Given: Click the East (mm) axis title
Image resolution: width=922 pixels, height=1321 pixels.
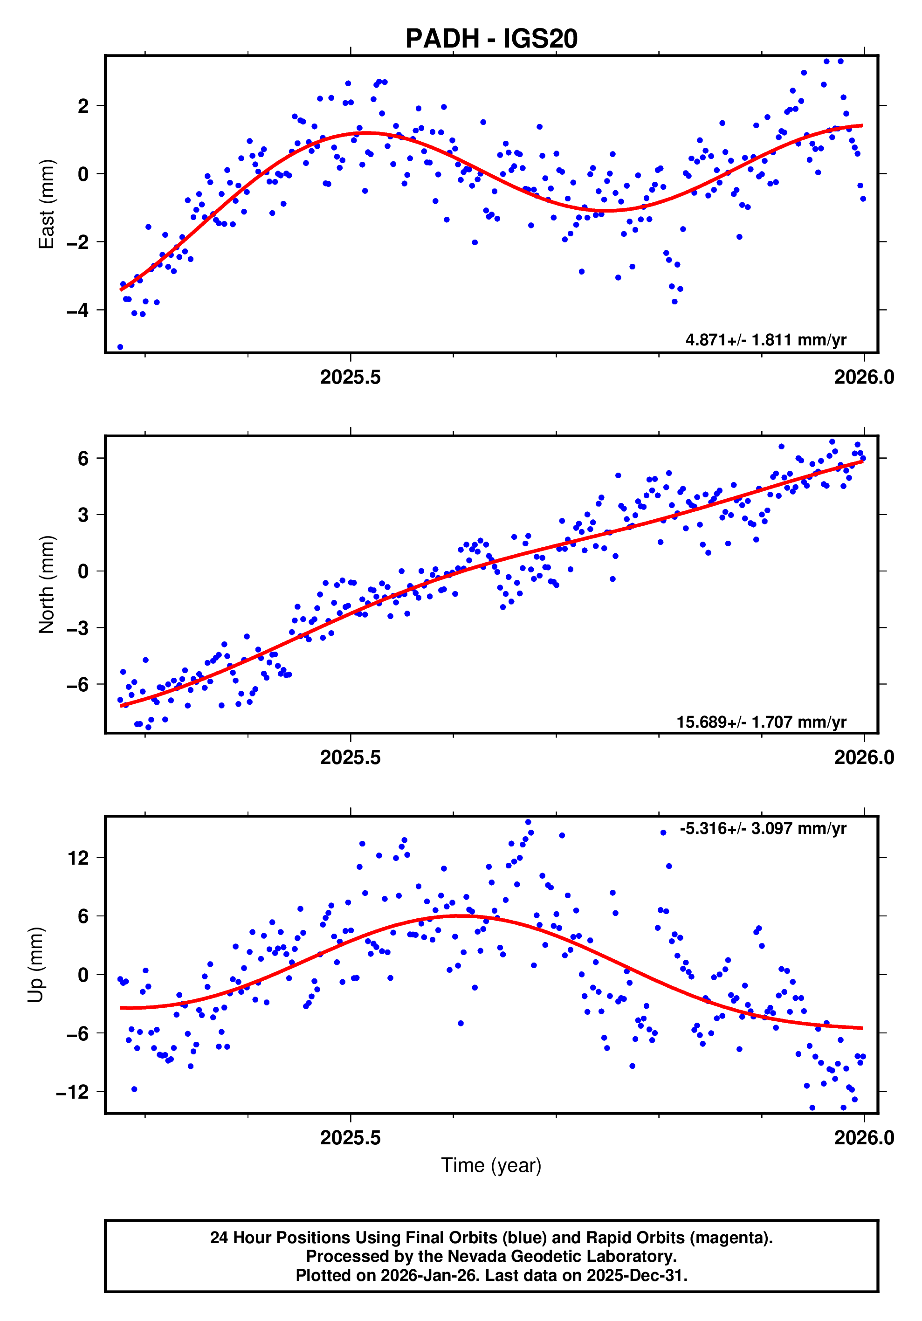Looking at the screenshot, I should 47,204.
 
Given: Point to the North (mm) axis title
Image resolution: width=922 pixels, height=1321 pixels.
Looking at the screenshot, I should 47,585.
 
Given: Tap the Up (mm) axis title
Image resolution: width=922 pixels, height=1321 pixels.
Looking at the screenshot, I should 36,965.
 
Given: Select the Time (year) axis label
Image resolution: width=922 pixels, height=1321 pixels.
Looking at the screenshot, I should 491,1165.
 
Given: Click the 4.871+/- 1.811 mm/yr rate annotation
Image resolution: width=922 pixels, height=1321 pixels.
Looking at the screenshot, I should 765,340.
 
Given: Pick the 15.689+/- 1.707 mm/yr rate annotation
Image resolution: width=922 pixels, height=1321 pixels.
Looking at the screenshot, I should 760,722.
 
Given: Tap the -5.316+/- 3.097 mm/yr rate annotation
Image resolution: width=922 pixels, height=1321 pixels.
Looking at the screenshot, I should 762,828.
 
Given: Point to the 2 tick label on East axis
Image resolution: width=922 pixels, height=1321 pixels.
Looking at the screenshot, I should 84,106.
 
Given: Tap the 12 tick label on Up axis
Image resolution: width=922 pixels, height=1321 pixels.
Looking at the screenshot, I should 78,858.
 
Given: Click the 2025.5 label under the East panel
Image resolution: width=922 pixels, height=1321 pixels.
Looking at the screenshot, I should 350,378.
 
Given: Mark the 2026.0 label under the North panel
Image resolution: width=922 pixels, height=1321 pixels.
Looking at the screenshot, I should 864,758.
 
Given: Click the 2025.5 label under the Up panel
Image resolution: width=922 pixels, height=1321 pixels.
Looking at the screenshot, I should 350,1138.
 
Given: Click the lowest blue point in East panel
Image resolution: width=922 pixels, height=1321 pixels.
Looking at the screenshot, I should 120,347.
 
